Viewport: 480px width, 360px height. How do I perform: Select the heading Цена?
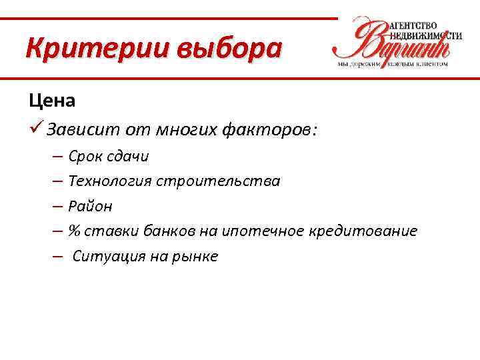coord(52,101)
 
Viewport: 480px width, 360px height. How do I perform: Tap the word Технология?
coord(110,181)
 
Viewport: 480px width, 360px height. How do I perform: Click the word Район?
coord(90,207)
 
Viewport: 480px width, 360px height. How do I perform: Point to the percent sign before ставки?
coord(74,231)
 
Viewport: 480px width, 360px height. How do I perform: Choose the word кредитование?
coord(363,231)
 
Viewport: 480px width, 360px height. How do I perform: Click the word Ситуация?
coord(106,257)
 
